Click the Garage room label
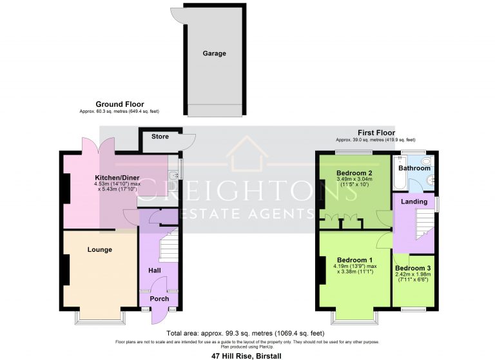pos(215,53)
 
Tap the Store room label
pos(160,137)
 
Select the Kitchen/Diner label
pos(117,178)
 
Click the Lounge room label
pos(100,250)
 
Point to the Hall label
pos(155,270)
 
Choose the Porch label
pos(159,298)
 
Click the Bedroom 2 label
pos(354,173)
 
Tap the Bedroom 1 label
pos(355,260)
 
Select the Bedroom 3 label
pos(413,268)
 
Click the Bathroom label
pos(414,168)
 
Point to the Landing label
pos(414,202)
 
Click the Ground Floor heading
pos(120,104)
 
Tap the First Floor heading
pos(376,133)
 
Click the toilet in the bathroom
pos(429,162)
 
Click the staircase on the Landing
pos(425,224)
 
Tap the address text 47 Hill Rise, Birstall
pos(246,356)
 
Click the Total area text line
pos(246,333)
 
